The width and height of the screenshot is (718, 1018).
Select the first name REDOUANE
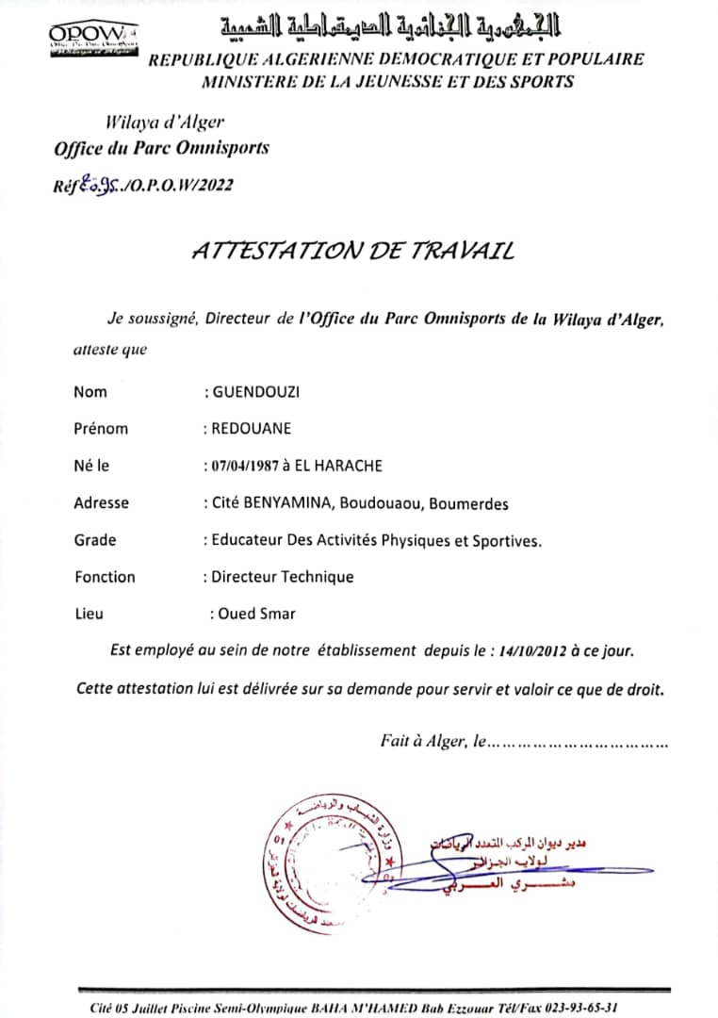pyautogui.click(x=251, y=429)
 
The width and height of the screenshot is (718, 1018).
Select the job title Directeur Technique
pyautogui.click(x=283, y=577)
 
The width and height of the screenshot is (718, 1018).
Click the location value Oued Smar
pyautogui.click(x=257, y=614)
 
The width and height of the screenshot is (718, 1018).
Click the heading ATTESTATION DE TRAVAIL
pyautogui.click(x=353, y=250)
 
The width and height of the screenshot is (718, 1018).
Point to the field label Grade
pyautogui.click(x=95, y=540)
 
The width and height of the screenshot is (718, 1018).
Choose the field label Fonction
pyautogui.click(x=106, y=577)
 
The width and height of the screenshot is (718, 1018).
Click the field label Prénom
pyautogui.click(x=101, y=429)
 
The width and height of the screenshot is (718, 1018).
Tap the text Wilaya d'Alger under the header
pyautogui.click(x=166, y=122)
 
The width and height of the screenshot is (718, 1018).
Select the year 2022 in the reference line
pyautogui.click(x=216, y=185)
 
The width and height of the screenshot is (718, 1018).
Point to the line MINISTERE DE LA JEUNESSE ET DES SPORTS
pyautogui.click(x=387, y=82)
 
